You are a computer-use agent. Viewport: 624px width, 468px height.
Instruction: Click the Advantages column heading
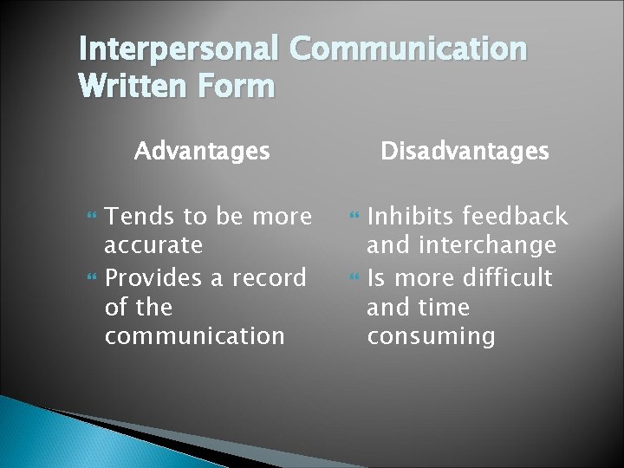click(202, 152)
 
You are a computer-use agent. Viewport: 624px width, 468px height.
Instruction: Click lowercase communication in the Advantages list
click(194, 336)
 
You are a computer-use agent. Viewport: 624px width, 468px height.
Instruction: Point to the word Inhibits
click(413, 217)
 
